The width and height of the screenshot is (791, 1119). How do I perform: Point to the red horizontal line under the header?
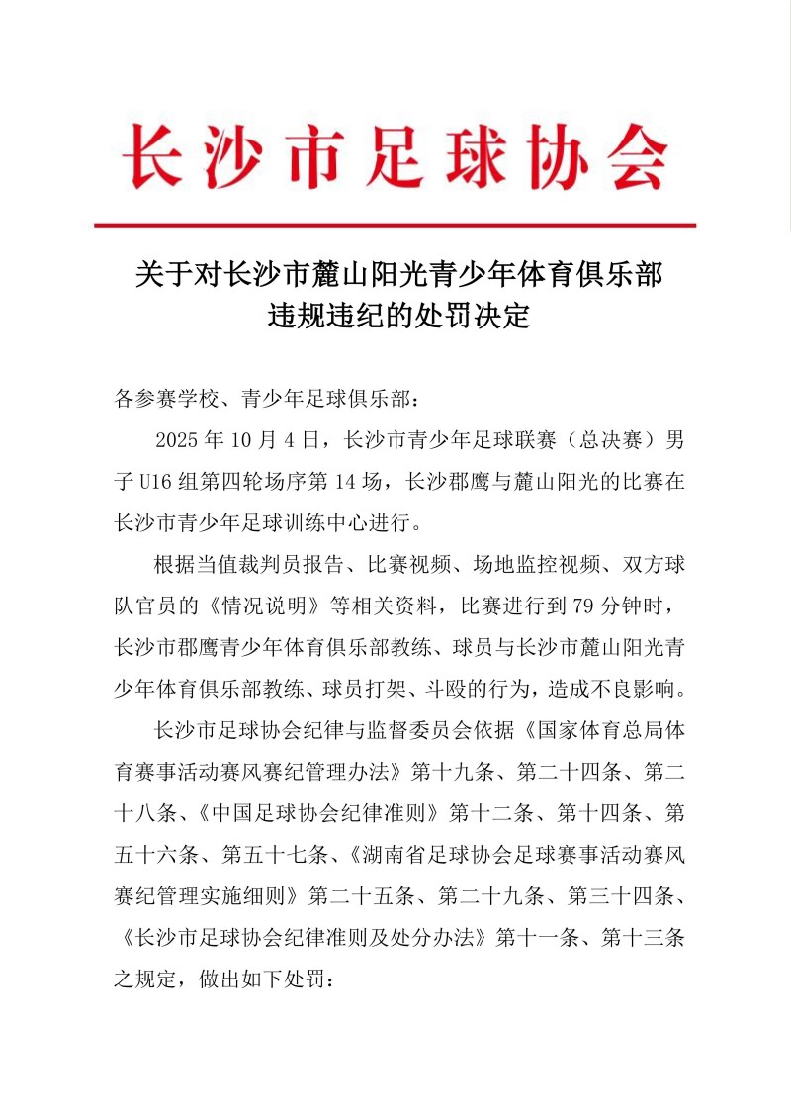[395, 226]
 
